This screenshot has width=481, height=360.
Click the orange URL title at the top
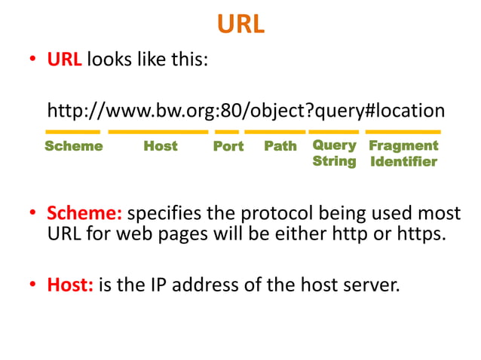[240, 24]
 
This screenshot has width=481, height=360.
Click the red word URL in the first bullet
[64, 60]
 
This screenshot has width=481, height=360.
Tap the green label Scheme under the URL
[73, 146]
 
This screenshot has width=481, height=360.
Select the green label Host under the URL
[160, 146]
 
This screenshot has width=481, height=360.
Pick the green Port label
[228, 146]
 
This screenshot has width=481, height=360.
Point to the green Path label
[280, 146]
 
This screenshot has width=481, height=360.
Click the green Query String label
[334, 153]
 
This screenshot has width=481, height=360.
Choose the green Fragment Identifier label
[403, 153]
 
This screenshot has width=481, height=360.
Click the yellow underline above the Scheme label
[72, 132]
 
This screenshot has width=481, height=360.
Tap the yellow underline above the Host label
[158, 132]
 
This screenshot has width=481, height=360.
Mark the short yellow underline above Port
[226, 132]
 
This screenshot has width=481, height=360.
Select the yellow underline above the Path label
[274, 132]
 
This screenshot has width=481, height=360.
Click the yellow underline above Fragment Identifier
[403, 132]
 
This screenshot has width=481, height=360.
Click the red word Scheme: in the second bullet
[84, 215]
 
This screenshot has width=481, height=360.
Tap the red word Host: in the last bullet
[70, 285]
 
